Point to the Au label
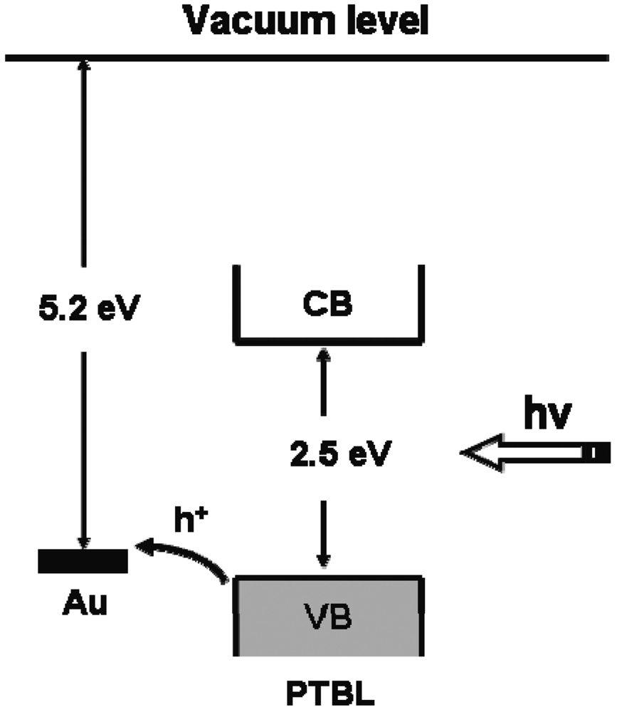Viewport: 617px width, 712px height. click(83, 609)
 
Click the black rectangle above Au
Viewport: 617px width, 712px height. click(83, 561)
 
